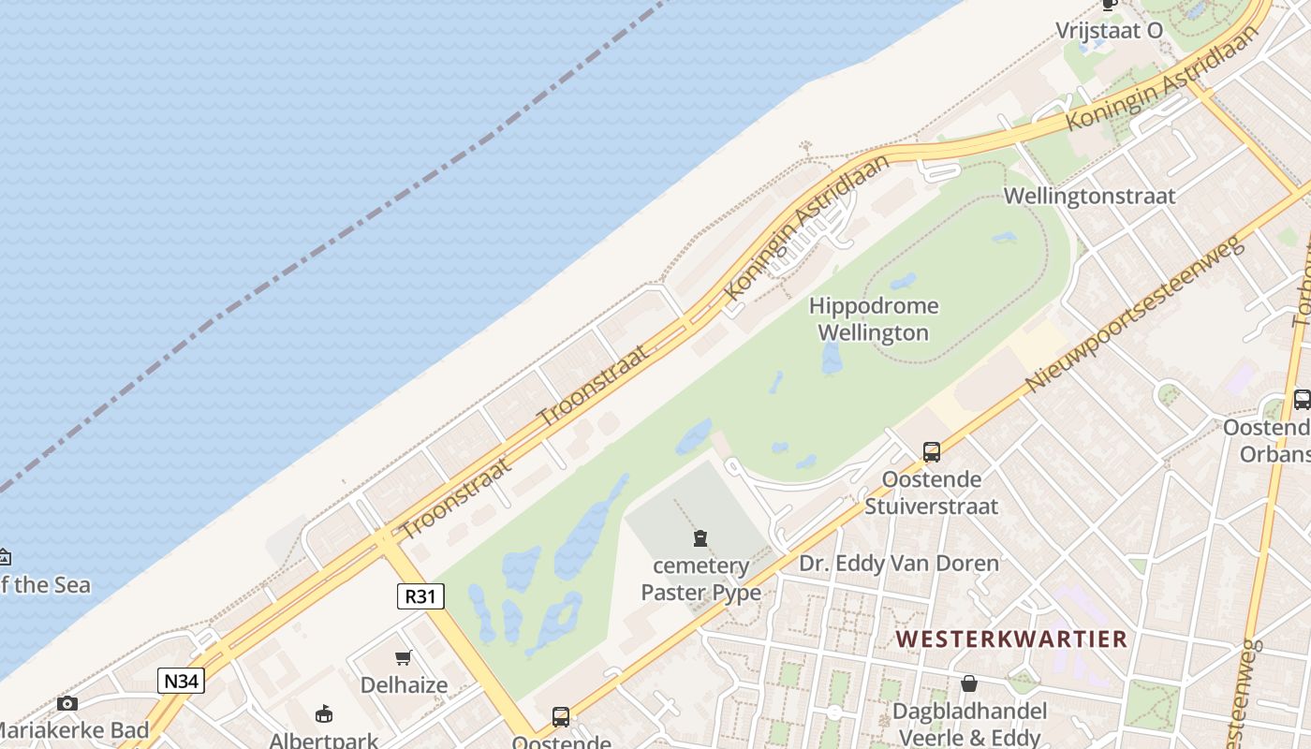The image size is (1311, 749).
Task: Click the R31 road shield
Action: [x=420, y=596]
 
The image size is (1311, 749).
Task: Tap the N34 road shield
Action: [x=181, y=681]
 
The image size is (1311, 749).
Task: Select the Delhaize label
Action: [x=404, y=684]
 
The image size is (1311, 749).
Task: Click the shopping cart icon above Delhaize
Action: [x=404, y=657]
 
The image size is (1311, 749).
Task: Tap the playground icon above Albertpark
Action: [x=324, y=714]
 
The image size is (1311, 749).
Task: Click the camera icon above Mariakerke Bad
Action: [x=66, y=703]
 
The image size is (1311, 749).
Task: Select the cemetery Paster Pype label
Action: [x=700, y=579]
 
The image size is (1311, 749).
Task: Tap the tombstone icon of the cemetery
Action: [x=700, y=538]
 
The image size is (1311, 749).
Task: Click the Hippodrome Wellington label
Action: [x=874, y=319]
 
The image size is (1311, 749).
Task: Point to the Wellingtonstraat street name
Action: [x=1089, y=197]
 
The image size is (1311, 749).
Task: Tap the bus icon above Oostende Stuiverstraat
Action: [x=931, y=452]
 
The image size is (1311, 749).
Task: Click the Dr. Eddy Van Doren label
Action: [x=898, y=563]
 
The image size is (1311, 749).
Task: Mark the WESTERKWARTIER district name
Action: [x=1011, y=639]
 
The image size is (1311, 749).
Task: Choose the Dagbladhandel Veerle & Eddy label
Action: [x=969, y=723]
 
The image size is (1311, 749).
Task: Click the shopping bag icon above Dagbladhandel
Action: [x=969, y=684]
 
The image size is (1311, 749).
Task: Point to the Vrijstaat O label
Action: [x=1109, y=30]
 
